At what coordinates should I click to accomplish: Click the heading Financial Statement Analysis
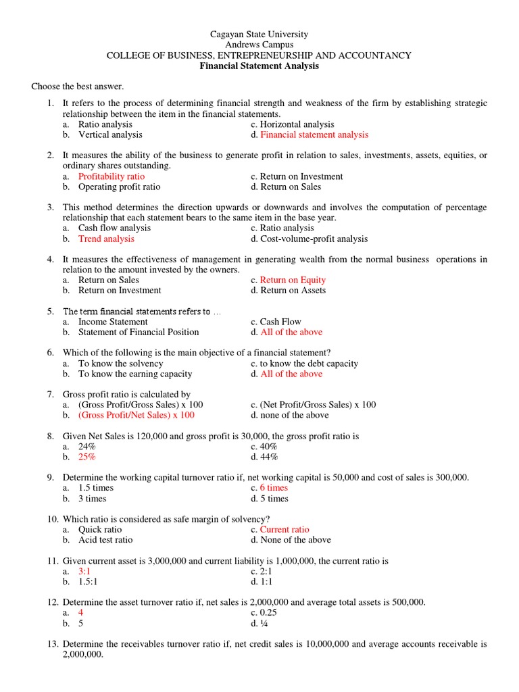pos(259,66)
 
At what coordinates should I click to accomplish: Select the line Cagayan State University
pos(259,34)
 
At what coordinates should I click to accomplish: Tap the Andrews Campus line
pos(259,45)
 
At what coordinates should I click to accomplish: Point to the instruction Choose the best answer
pos(78,87)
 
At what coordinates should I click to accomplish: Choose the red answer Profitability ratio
pos(112,176)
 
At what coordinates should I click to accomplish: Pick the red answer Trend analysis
pos(106,239)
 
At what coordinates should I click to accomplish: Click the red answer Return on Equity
pos(293,280)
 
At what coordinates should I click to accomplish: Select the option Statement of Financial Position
pos(139,332)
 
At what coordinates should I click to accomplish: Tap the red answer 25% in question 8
pos(87,457)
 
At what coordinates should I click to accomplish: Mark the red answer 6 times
pos(274,488)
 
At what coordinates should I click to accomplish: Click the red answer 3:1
pos(84,571)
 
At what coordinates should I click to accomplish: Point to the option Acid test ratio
pos(105,540)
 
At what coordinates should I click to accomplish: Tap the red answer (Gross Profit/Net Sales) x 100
pos(137,415)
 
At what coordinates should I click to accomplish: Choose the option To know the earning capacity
pos(135,374)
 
